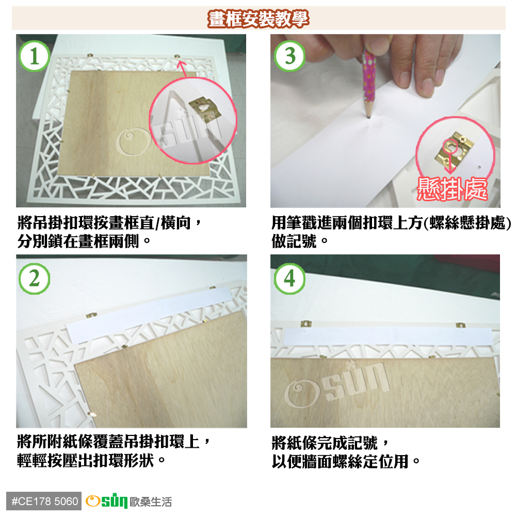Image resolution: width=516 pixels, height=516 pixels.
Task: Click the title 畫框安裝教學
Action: pyautogui.click(x=259, y=19)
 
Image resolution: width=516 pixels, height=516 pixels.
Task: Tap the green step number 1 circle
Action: pyautogui.click(x=35, y=56)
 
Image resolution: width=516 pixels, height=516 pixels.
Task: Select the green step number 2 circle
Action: pyautogui.click(x=35, y=279)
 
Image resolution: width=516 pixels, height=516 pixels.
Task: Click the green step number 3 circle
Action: pyautogui.click(x=289, y=56)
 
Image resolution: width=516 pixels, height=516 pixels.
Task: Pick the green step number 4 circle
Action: pyautogui.click(x=289, y=279)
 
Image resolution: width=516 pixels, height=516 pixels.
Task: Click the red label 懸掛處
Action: pyautogui.click(x=452, y=189)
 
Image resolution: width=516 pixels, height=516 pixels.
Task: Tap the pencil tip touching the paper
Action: pyautogui.click(x=368, y=116)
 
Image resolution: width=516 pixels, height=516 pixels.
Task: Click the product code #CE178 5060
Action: pyautogui.click(x=44, y=501)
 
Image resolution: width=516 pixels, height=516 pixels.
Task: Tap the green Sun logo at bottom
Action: pyautogui.click(x=107, y=501)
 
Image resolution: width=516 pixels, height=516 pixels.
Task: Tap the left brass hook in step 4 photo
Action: pyautogui.click(x=306, y=324)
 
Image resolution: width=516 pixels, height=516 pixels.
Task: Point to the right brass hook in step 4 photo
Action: pyautogui.click(x=460, y=326)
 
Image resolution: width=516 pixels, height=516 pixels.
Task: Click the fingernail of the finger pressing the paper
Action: pyautogui.click(x=427, y=87)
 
